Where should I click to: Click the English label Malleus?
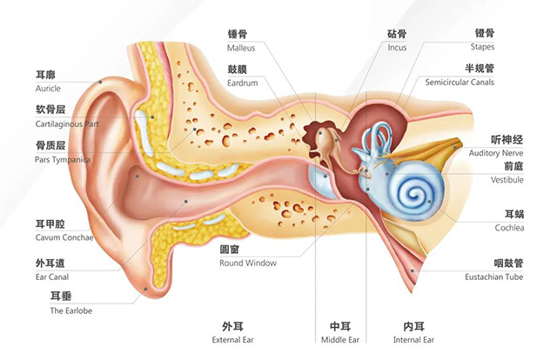(241, 48)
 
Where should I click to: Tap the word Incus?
(397, 48)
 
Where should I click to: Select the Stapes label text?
(482, 47)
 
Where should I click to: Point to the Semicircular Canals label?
(460, 83)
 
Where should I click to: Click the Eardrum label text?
(242, 83)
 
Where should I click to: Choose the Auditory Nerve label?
(495, 153)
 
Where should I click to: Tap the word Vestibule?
(507, 180)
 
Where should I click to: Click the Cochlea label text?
(509, 228)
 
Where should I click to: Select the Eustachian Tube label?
(493, 277)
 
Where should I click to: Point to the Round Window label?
(248, 263)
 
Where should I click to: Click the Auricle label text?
(48, 89)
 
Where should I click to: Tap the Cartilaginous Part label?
(67, 123)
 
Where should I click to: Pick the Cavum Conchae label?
(64, 237)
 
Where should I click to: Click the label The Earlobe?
(71, 310)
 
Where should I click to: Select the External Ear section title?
(232, 340)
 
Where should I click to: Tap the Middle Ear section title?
(340, 340)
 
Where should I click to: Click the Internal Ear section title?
(413, 340)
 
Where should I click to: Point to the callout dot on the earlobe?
(145, 289)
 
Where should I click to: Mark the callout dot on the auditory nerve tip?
(455, 147)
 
